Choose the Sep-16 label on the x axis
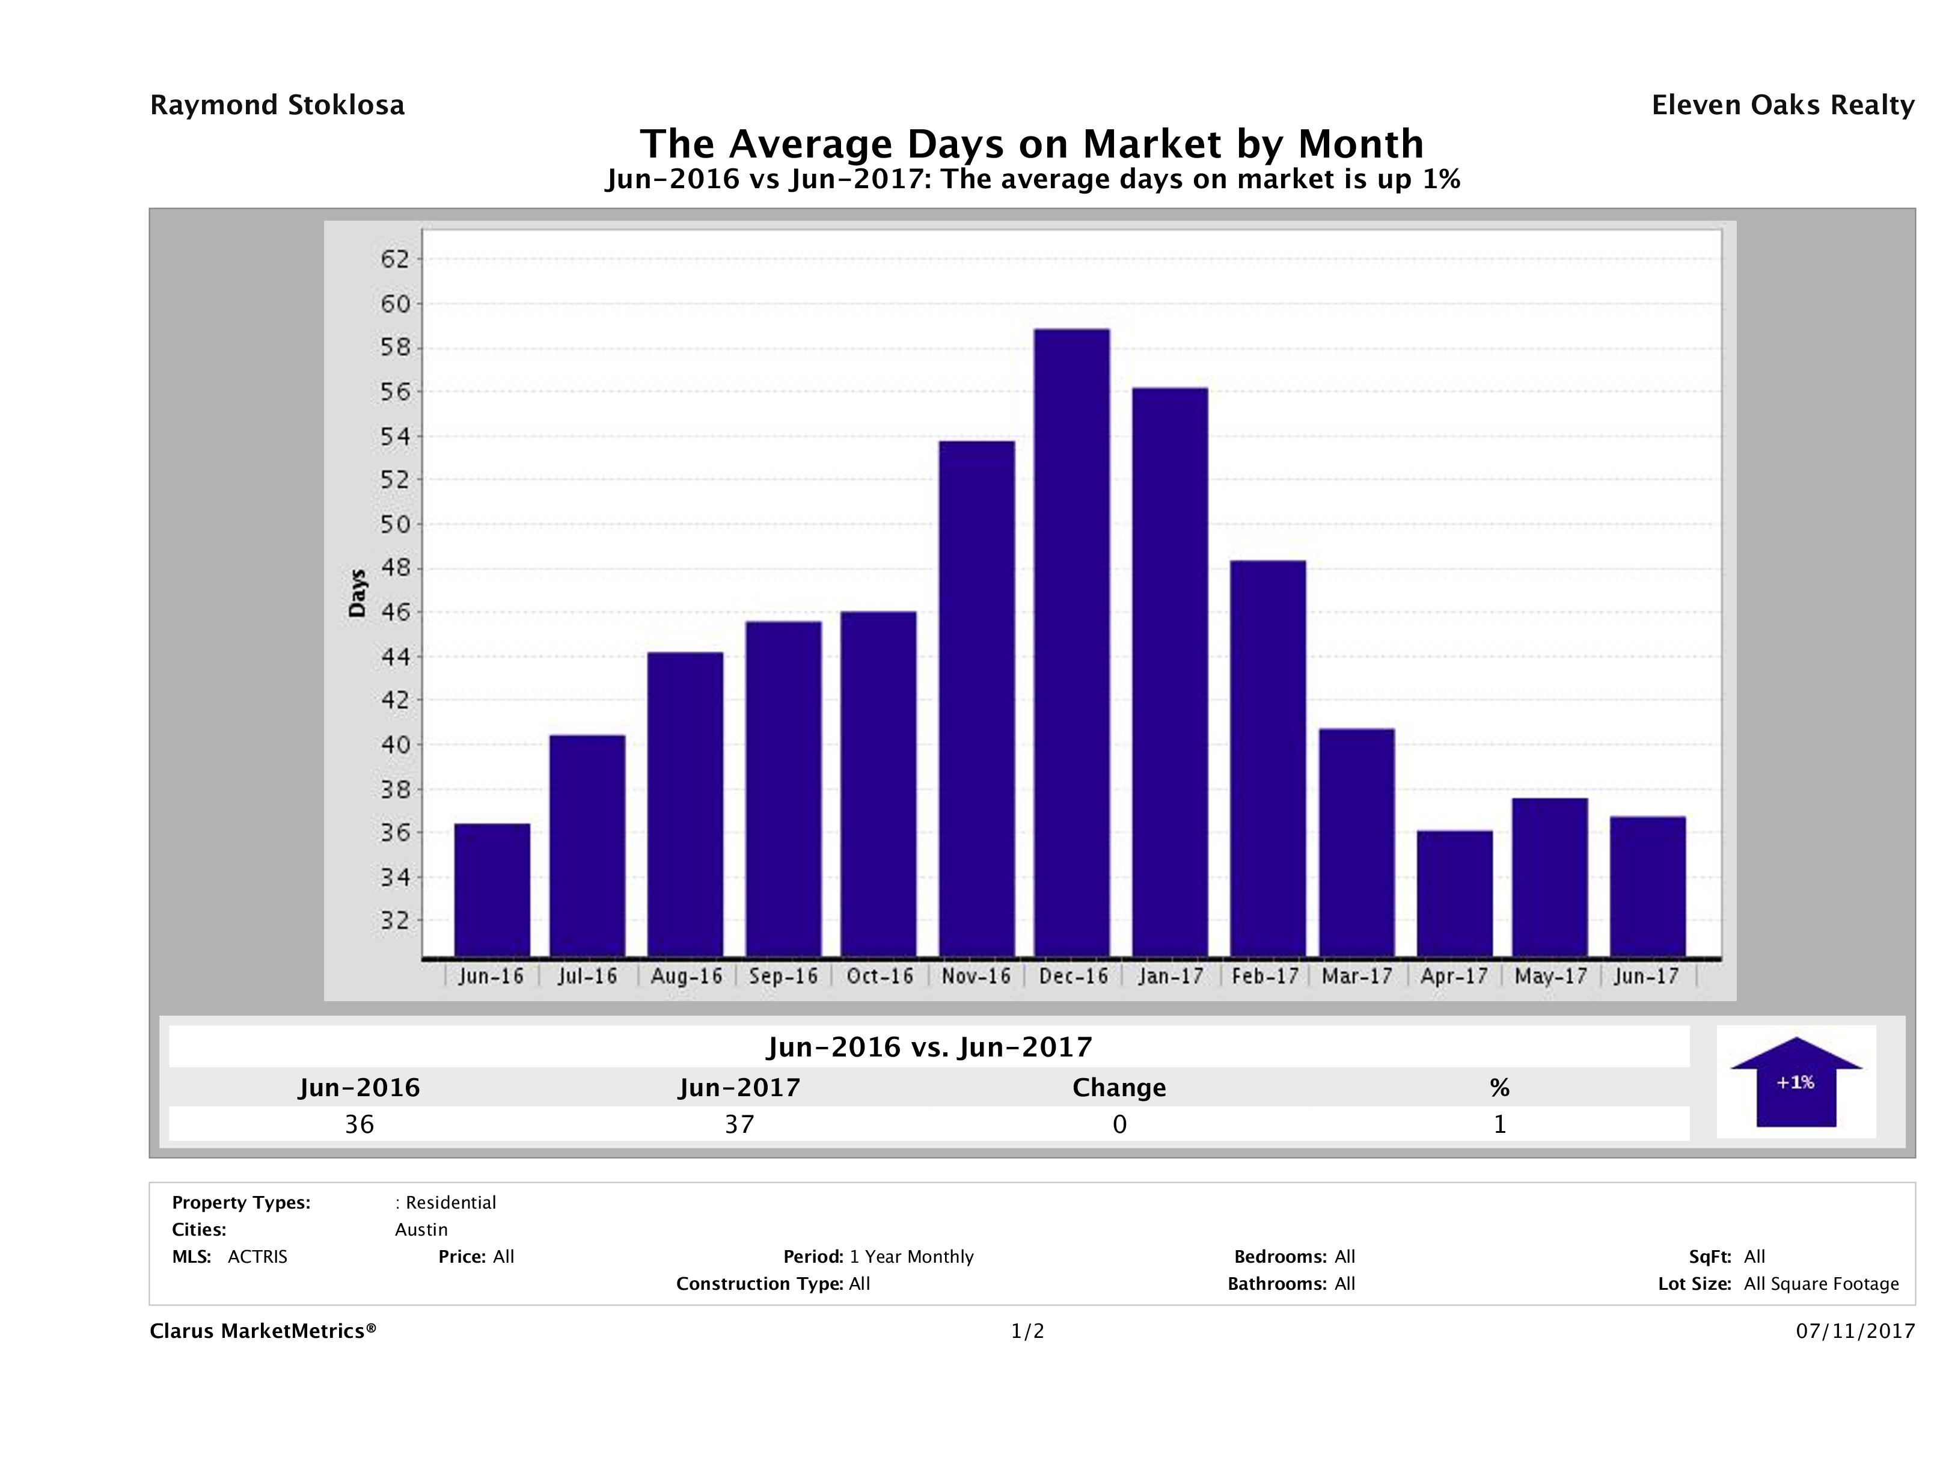783,977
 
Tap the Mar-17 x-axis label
1357,977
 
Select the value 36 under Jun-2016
360,1124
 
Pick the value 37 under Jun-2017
739,1124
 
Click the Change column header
1119,1088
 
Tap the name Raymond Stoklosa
277,105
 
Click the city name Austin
421,1230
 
